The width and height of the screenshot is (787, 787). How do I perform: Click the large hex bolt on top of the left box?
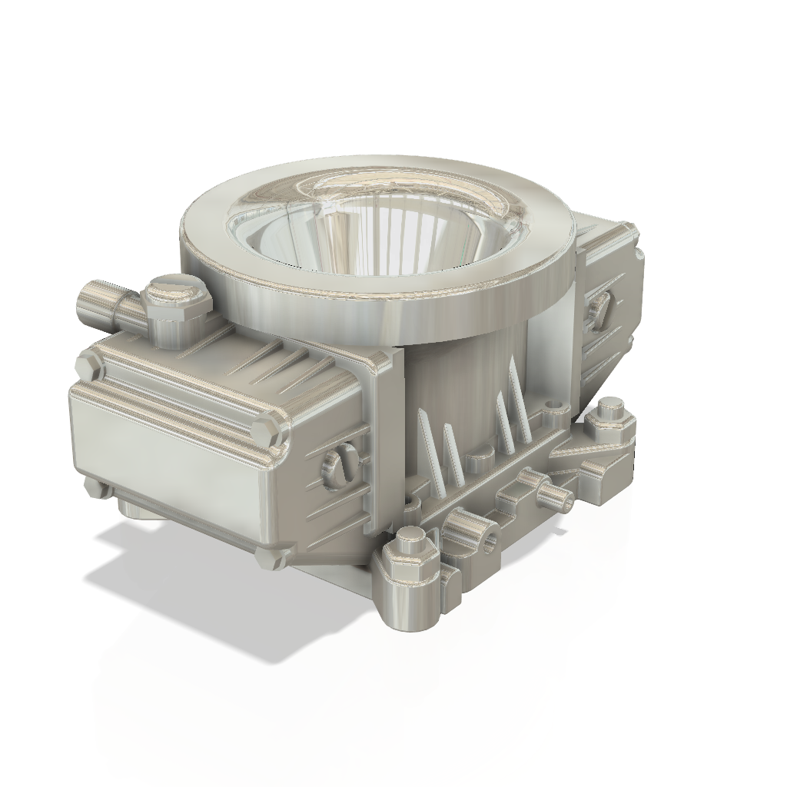click(176, 303)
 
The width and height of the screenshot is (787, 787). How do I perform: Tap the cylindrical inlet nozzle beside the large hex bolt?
click(100, 303)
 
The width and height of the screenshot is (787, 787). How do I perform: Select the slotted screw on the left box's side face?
click(339, 466)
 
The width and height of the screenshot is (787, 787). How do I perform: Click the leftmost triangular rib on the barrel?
click(427, 438)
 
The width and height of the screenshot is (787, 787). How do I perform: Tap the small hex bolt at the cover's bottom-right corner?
click(269, 557)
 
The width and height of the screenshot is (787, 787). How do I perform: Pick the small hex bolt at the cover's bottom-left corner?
click(97, 488)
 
